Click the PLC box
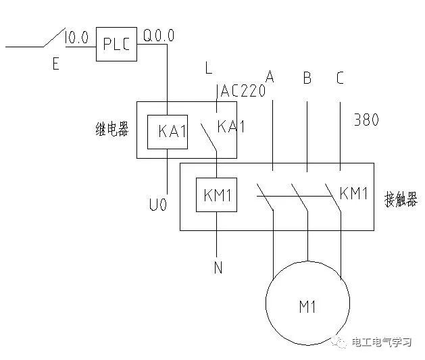click(116, 44)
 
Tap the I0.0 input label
click(77, 38)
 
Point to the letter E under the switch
click(55, 64)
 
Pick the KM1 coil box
click(217, 196)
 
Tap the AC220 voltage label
click(241, 91)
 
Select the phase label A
click(270, 77)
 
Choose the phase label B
click(307, 78)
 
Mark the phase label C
click(340, 78)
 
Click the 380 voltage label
click(366, 120)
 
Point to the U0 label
click(158, 205)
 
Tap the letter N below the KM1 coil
click(218, 268)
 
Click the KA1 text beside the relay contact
click(232, 126)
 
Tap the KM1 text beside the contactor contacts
click(354, 194)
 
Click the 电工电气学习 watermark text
click(382, 342)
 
